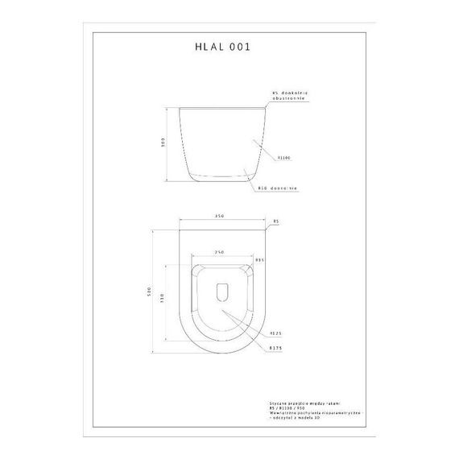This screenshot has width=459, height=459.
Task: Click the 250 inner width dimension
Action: point(220,252)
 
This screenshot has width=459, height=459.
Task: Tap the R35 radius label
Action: point(260,260)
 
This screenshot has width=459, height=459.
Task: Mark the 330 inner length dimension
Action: point(163,299)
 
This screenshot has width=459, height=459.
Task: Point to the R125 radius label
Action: point(274,333)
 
